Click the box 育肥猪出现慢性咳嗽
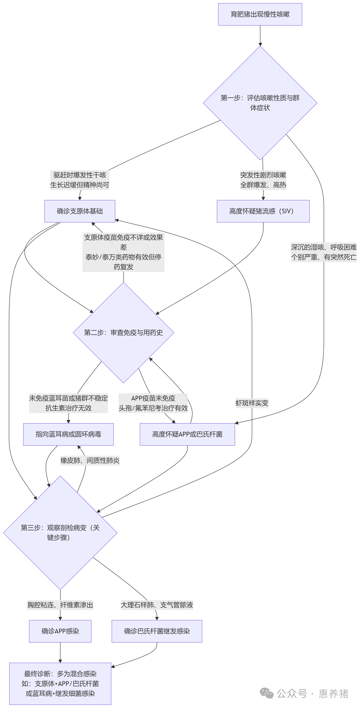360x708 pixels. click(x=260, y=14)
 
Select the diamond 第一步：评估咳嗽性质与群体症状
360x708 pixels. click(x=260, y=103)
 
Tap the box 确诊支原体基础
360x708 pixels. click(x=80, y=211)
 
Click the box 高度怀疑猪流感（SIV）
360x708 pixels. click(x=263, y=211)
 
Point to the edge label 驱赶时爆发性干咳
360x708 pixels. click(x=80, y=175)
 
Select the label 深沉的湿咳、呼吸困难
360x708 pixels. click(x=323, y=247)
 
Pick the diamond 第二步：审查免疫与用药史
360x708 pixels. click(x=123, y=333)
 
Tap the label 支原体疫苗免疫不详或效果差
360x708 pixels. click(x=123, y=242)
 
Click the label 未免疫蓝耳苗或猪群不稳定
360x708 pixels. click(x=68, y=398)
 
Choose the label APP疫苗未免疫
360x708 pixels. click(x=153, y=398)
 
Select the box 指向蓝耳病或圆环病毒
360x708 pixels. click(x=68, y=434)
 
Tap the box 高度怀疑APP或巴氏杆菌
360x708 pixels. click(x=187, y=434)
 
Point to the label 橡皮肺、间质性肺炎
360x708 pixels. click(x=90, y=460)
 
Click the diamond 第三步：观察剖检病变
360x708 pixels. click(x=60, y=532)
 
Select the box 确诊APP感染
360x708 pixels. click(x=60, y=631)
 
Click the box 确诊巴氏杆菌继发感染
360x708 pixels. click(x=157, y=631)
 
